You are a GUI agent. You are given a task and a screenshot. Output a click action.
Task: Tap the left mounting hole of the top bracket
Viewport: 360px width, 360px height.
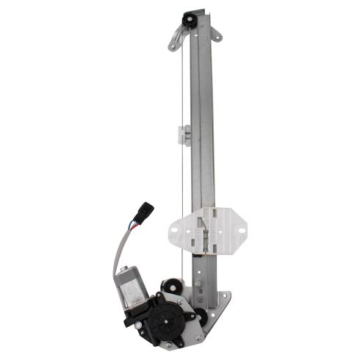pyautogui.click(x=172, y=46)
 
